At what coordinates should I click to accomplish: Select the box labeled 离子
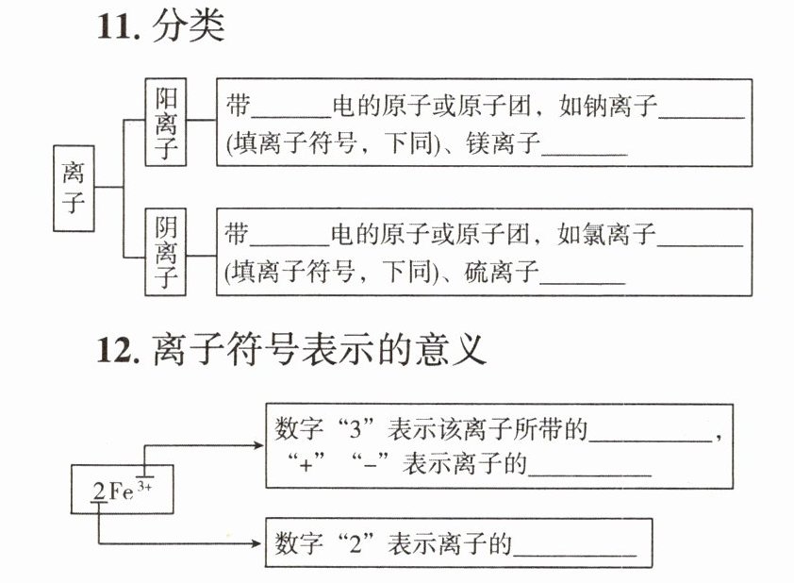(74, 188)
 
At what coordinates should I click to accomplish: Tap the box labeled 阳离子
(166, 123)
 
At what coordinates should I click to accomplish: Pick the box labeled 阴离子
(166, 252)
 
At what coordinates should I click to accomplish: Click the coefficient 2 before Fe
(98, 492)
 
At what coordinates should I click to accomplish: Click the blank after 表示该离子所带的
(651, 434)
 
